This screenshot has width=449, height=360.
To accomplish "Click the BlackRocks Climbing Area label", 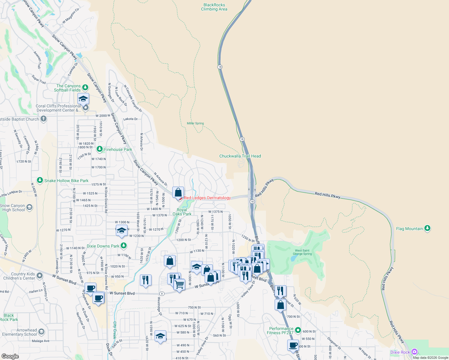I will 214,7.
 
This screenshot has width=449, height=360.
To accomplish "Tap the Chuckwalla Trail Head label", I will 240,156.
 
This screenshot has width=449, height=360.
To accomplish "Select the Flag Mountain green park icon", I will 427,229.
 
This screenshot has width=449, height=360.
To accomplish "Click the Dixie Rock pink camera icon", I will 414,352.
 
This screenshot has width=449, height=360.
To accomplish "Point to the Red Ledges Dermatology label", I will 207,198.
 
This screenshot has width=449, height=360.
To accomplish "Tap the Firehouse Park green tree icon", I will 100,149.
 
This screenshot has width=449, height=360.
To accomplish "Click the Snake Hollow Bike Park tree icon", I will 40,180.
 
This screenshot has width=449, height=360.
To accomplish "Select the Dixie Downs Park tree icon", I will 123,246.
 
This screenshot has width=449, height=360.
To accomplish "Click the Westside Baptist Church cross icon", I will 44,119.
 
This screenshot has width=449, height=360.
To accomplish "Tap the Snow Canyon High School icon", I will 29,207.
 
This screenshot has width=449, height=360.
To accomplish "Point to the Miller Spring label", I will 195,123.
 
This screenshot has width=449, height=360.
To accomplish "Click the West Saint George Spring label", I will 302,252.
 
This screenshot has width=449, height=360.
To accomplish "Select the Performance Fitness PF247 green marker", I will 298,330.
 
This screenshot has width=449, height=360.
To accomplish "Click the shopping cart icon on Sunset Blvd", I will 179,284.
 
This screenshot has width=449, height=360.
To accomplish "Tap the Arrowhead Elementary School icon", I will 41,332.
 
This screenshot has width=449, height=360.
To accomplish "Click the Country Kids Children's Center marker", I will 40,275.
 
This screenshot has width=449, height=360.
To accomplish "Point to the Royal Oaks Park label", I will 182,212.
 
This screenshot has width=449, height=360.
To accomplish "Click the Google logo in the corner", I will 10,356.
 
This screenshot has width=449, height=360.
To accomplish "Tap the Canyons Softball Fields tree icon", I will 85,88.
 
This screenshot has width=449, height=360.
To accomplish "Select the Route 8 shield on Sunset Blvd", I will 162,294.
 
